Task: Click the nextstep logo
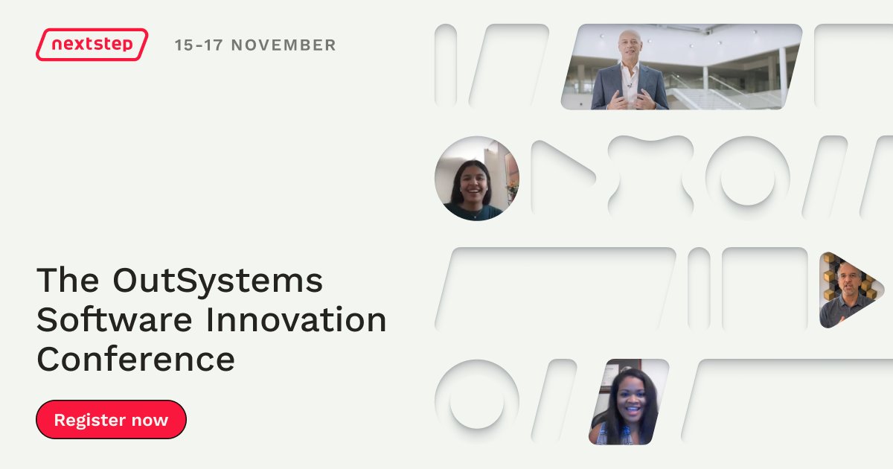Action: click(92, 45)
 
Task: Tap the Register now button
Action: click(111, 419)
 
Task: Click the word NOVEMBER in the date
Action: click(284, 45)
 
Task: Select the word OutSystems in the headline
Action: click(218, 280)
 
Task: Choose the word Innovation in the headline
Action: click(296, 320)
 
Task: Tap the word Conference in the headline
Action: click(135, 360)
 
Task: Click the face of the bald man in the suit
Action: click(630, 46)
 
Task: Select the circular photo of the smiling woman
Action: click(477, 179)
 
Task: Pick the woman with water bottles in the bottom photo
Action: click(627, 406)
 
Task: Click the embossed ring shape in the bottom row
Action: click(476, 395)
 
